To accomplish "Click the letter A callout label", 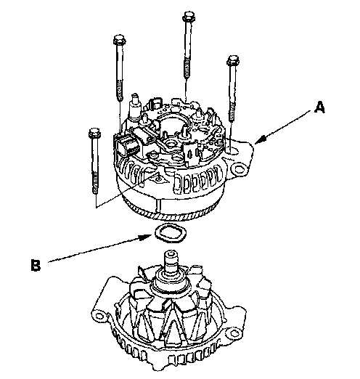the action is click(x=319, y=107).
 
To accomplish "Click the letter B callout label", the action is click(x=36, y=265).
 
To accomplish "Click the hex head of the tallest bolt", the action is click(x=188, y=16).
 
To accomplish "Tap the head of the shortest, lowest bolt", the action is click(x=94, y=134).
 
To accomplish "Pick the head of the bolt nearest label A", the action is click(x=233, y=60).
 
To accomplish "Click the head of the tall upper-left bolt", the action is click(x=119, y=40).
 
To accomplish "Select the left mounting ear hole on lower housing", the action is click(x=99, y=316).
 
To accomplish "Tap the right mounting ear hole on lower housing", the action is click(x=234, y=333).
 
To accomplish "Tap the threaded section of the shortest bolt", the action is click(x=95, y=183).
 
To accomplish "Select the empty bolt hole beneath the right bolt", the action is click(x=232, y=151).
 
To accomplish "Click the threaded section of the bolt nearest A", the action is click(x=232, y=111).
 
